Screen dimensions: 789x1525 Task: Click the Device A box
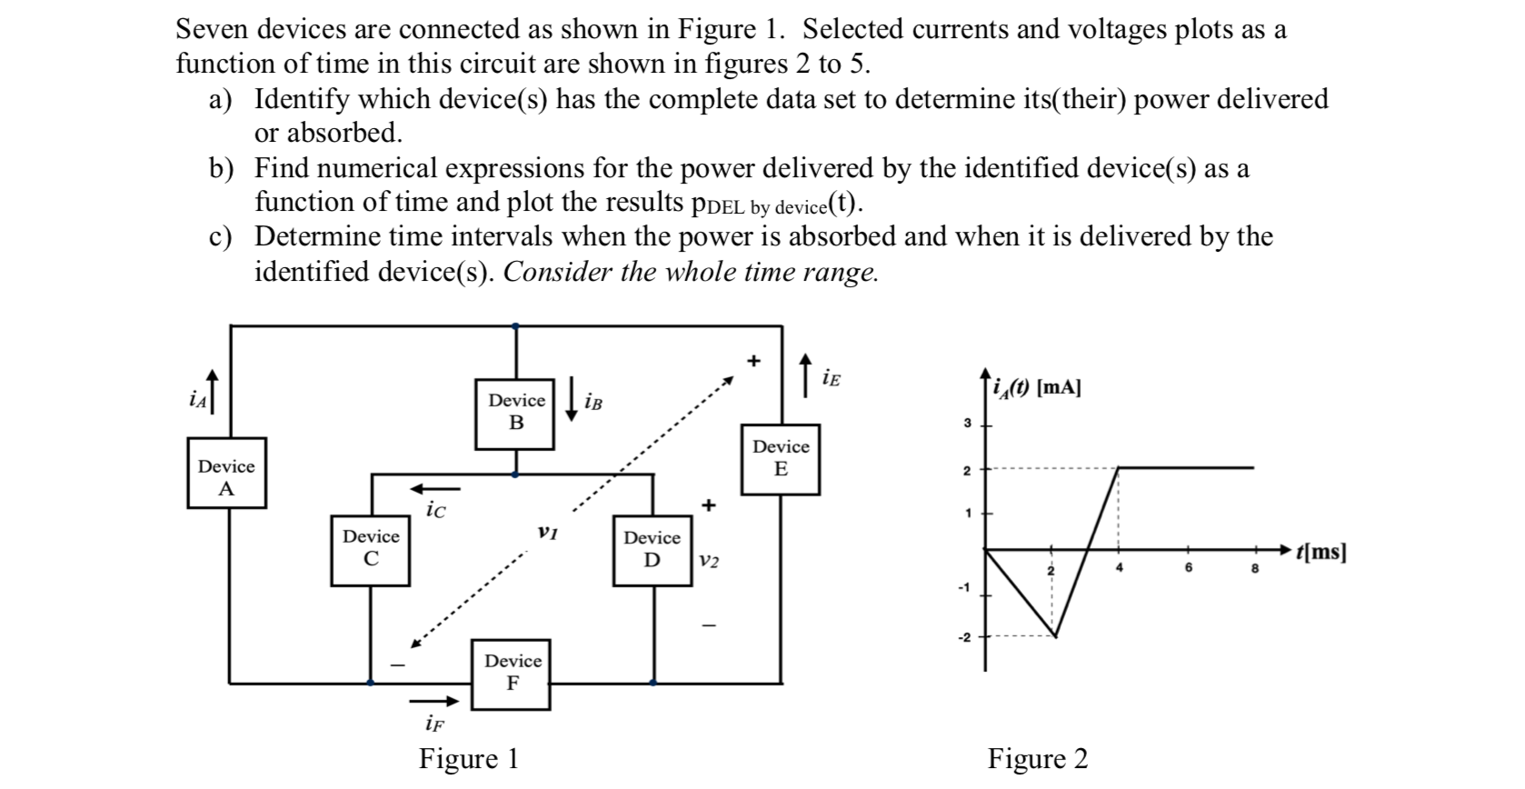point(226,473)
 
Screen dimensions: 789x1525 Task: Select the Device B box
point(515,414)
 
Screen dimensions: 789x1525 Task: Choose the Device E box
point(780,460)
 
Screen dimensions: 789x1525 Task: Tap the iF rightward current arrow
point(434,701)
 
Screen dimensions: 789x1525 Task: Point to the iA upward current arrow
point(213,391)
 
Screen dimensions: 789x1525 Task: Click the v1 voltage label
point(546,532)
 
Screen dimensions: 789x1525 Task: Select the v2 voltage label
point(710,562)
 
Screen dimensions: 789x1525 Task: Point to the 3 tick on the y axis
point(968,424)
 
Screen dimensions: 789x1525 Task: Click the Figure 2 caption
point(1037,758)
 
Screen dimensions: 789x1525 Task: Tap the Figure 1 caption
point(468,758)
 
